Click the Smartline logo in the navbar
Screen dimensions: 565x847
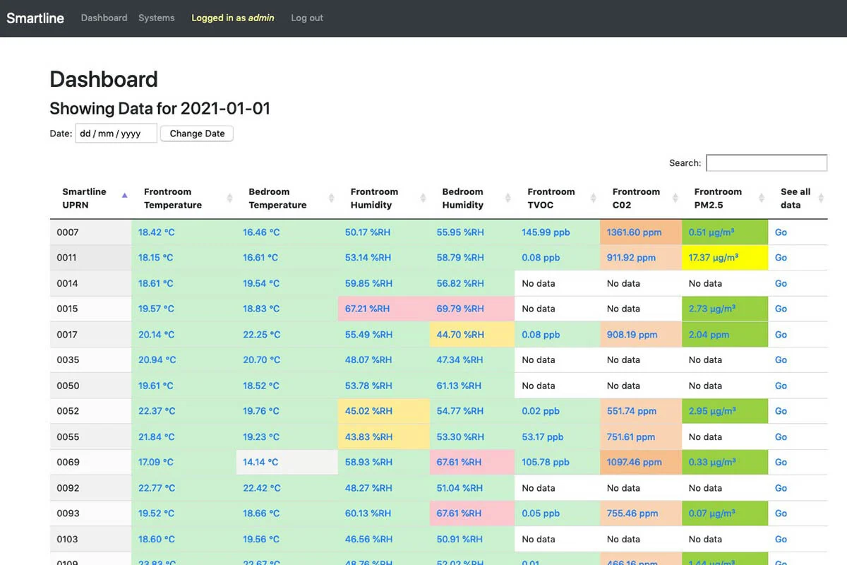pos(35,18)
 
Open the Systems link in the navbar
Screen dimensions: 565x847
pos(156,18)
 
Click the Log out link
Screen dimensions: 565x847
pos(307,18)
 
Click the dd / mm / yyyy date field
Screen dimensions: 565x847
pos(116,133)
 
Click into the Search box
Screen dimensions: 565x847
pos(767,163)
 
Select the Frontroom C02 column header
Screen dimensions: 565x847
pos(636,198)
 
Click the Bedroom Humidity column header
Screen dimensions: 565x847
pos(462,198)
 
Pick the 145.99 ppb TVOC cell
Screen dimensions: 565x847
pos(546,232)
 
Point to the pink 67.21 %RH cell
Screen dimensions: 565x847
pos(367,309)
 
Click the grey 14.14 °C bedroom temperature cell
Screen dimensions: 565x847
pos(260,463)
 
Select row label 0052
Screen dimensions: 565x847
pos(68,411)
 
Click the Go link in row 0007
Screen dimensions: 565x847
pos(781,232)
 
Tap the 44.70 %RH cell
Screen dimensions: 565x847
pos(460,335)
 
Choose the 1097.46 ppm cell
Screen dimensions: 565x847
pos(634,463)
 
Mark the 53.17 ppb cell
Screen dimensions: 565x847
pos(543,437)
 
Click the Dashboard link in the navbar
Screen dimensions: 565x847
pos(104,18)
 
